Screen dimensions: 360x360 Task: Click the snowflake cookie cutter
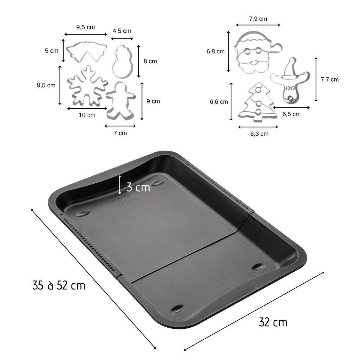click(87, 86)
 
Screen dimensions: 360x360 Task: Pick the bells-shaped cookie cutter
click(85, 52)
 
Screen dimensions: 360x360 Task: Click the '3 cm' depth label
click(138, 187)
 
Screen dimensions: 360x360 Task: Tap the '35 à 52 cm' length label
click(59, 285)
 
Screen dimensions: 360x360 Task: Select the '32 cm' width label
click(273, 322)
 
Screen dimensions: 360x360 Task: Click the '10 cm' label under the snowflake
click(87, 115)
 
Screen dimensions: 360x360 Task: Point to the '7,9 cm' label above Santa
click(258, 19)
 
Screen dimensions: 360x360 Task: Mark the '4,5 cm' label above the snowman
click(122, 31)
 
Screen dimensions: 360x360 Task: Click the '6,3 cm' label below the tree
click(259, 134)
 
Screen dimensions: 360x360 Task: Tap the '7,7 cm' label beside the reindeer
click(329, 79)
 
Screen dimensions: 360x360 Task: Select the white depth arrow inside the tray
click(120, 184)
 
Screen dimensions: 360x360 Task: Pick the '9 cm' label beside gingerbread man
click(153, 101)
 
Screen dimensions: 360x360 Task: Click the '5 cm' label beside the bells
click(52, 51)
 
